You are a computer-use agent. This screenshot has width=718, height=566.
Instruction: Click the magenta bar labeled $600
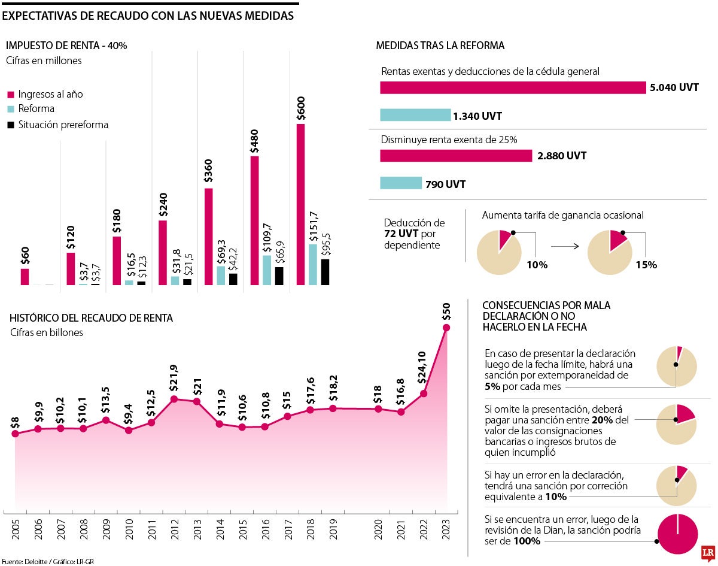click(x=300, y=204)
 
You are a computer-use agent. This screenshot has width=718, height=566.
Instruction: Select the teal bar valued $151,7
click(x=313, y=264)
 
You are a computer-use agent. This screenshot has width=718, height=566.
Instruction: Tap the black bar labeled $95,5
click(x=325, y=271)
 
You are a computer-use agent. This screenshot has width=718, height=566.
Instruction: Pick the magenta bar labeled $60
click(x=25, y=276)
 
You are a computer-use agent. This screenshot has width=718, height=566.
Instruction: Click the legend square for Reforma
click(x=11, y=109)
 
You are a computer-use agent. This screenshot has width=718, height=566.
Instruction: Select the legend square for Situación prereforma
click(x=11, y=125)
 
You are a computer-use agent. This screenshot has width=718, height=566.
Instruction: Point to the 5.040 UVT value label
click(x=674, y=87)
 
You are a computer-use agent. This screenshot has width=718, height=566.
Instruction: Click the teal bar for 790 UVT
click(x=401, y=183)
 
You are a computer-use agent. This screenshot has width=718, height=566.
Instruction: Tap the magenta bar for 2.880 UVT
click(x=456, y=156)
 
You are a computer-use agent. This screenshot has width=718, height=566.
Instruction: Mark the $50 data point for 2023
click(x=446, y=327)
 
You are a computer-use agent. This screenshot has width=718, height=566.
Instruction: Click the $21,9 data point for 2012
click(x=174, y=399)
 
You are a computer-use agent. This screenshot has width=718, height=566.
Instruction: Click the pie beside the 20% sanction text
click(x=677, y=424)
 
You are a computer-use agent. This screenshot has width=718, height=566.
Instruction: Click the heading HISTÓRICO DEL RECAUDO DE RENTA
click(x=92, y=318)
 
